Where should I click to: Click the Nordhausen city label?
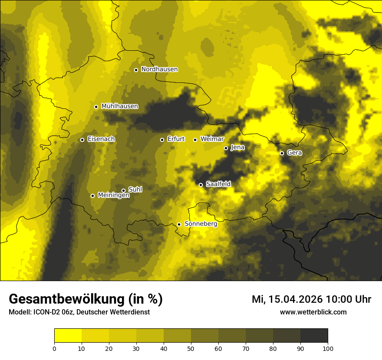point(159,69)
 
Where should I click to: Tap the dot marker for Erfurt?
point(162,140)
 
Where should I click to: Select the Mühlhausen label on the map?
point(119,106)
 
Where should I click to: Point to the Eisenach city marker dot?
point(82,140)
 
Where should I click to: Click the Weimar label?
point(212,139)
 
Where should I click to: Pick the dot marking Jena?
point(226,148)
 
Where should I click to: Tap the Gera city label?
point(294,153)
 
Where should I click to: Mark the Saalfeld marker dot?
point(201,185)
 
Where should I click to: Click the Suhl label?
point(135,190)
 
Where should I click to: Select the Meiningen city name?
point(114,196)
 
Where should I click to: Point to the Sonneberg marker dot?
point(179,224)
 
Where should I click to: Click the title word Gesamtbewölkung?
point(67,299)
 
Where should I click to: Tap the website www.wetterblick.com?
point(313,312)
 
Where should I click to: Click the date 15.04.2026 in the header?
point(295,299)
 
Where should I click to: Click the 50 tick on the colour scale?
point(191,348)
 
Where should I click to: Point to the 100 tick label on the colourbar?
point(328,348)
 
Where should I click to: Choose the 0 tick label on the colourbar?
point(54,348)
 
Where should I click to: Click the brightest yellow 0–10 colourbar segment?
point(68,336)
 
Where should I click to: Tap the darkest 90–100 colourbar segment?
point(314,336)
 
